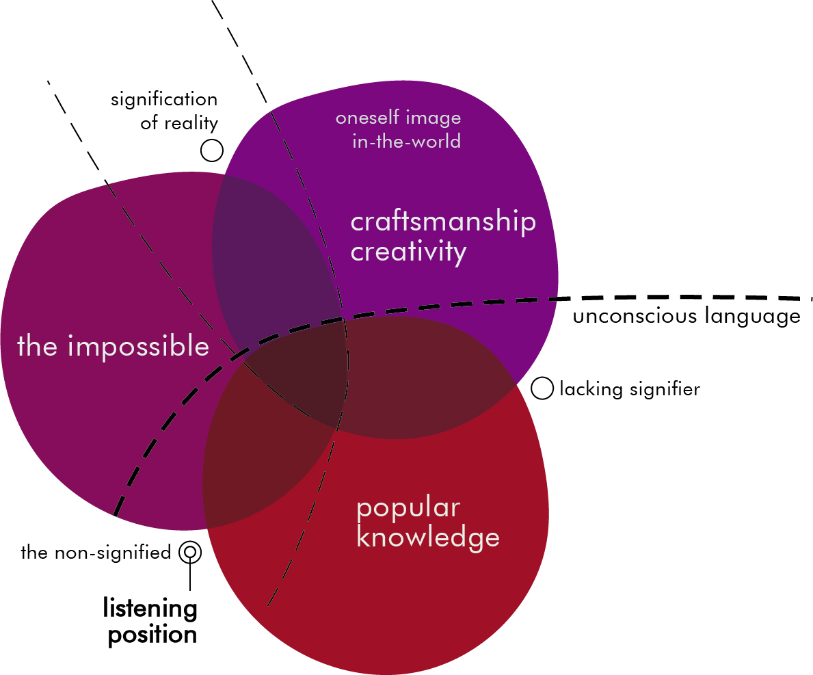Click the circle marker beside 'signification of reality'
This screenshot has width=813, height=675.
pos(212,150)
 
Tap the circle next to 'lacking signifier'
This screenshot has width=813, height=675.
pos(542,388)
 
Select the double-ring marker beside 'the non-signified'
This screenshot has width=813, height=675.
pos(190,552)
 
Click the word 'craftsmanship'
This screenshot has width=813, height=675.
pos(443,223)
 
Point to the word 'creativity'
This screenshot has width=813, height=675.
pos(408,252)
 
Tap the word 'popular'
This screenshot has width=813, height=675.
pos(408,509)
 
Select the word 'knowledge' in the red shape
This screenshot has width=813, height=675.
pos(428,538)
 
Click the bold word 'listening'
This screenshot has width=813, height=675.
pos(150,607)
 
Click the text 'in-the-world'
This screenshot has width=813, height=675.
pos(406,142)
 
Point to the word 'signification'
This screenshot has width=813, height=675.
pos(164,100)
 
